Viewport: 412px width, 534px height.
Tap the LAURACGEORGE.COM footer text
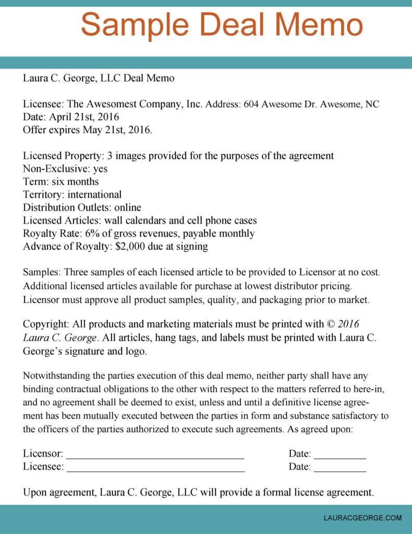point(363,518)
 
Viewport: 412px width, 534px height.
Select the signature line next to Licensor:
point(155,454)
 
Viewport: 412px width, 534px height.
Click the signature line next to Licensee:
point(155,467)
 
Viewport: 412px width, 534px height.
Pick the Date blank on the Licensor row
point(340,454)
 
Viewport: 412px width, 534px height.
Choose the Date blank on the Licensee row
point(340,467)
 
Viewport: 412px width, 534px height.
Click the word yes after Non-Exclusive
point(100,169)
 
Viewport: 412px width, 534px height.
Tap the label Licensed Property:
point(64,156)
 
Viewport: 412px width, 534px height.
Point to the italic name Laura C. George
point(58,338)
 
